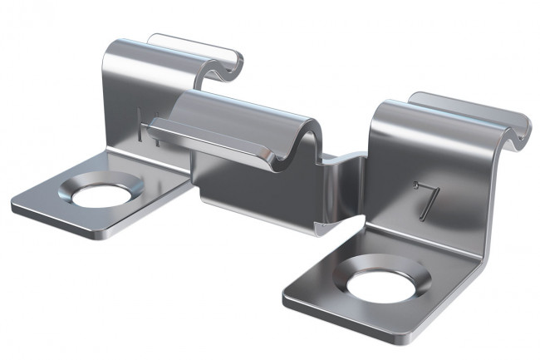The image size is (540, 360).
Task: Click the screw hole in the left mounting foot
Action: (x=102, y=197)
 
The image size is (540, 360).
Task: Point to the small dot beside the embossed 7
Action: (x=415, y=187)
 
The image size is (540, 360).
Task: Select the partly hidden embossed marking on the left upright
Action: (x=147, y=127)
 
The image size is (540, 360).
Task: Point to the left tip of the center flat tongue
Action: (x=150, y=125)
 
